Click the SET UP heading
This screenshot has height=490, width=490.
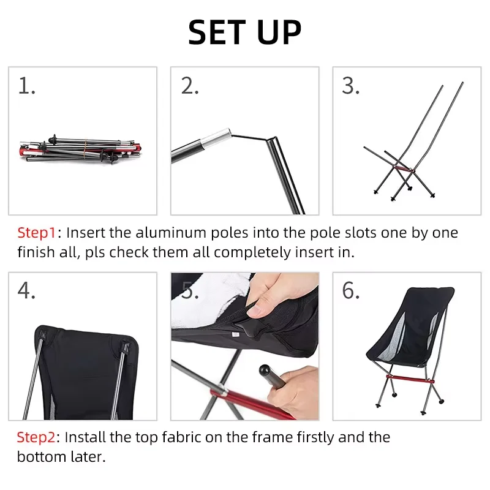244,32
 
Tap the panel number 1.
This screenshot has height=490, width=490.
26,86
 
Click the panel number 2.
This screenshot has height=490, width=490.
190,86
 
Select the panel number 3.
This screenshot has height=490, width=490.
350,86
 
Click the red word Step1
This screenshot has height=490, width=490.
37,233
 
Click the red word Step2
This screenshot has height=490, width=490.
37,437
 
